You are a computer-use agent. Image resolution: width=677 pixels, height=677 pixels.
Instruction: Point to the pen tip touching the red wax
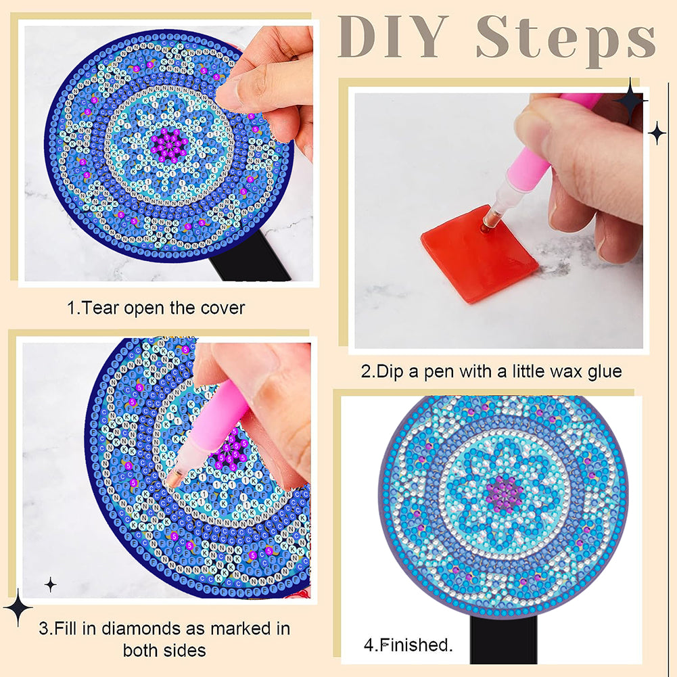point(487,222)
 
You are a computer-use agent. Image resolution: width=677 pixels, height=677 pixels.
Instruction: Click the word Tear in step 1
point(103,308)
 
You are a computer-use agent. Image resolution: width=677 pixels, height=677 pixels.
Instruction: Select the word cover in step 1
point(223,308)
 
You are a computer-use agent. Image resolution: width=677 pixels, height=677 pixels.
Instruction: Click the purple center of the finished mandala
point(503,494)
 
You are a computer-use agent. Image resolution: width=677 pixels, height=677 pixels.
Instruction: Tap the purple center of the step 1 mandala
point(168,143)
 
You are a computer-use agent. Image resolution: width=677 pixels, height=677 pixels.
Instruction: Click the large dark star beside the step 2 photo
point(630,100)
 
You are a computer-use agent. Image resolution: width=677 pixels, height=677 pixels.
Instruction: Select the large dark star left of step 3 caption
point(18,607)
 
